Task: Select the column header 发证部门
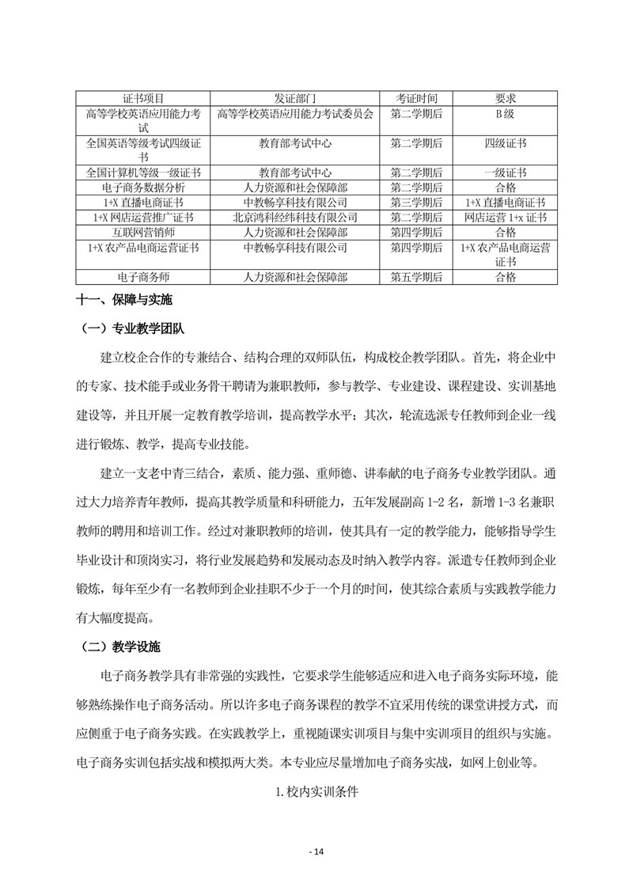(295, 98)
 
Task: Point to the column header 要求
(506, 98)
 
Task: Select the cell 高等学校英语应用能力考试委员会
(295, 114)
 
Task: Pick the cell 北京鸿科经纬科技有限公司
(295, 218)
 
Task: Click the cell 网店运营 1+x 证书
(506, 218)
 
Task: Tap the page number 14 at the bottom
(316, 851)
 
